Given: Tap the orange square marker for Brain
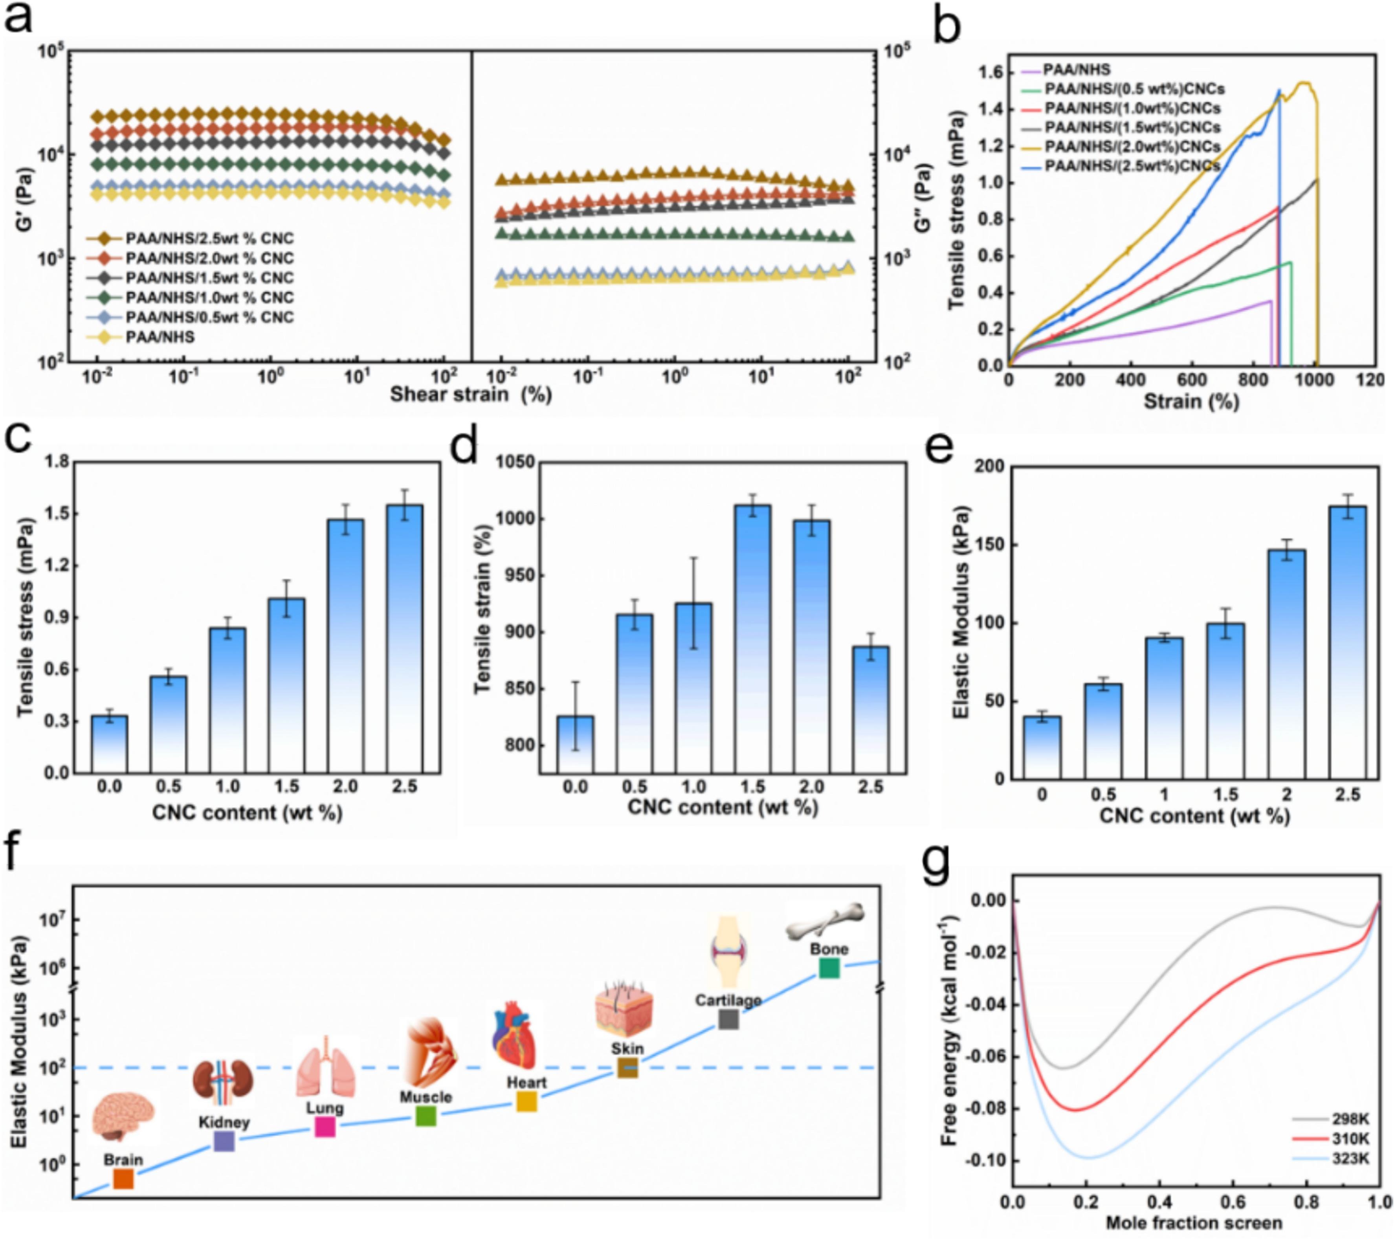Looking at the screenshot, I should [x=123, y=1178].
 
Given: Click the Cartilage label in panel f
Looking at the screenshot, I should [x=728, y=1000].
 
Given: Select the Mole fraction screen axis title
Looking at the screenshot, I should [x=1194, y=1222].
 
